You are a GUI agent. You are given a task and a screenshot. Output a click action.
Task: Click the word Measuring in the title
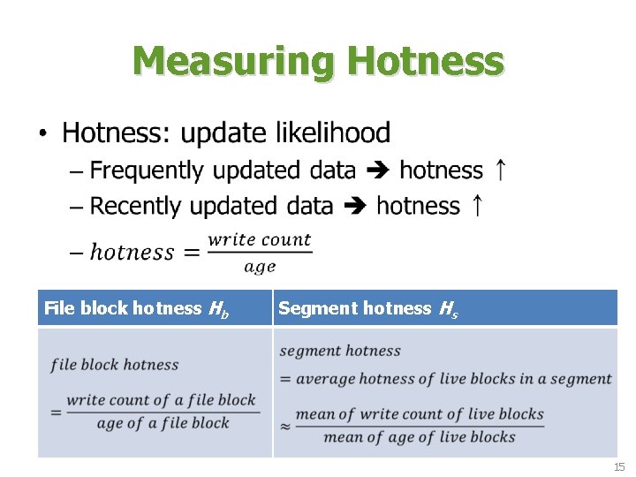coord(235,62)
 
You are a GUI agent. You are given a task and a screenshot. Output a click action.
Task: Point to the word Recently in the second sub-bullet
coord(138,206)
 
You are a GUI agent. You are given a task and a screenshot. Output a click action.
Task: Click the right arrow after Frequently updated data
coord(378,170)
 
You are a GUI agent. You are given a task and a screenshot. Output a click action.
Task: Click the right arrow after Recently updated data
coord(355,207)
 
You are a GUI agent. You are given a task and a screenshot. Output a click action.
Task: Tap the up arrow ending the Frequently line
coord(500,170)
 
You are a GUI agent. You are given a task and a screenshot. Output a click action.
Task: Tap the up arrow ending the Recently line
coord(476,206)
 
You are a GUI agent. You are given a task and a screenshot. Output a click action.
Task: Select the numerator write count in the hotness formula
coord(259,238)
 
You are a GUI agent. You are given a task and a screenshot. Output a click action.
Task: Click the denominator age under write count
coord(260,266)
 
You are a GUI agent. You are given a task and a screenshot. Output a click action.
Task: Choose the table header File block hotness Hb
coord(137,308)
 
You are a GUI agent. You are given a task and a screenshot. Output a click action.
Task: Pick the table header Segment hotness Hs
coord(367,308)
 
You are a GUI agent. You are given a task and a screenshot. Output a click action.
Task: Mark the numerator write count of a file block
coord(161,399)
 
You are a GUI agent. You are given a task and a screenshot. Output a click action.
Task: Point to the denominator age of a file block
coord(163,422)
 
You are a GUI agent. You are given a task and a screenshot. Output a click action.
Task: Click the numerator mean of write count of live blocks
coord(420,413)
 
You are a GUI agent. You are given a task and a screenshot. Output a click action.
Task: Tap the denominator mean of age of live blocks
coord(420,436)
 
